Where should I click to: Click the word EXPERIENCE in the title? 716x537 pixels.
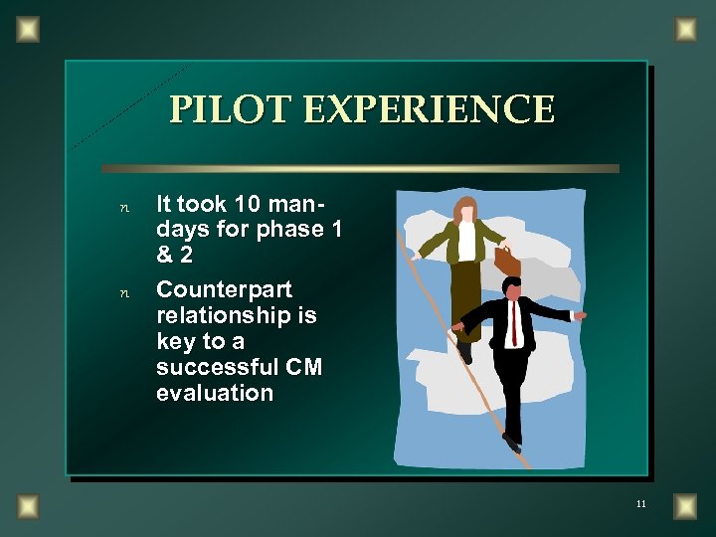pos(429,109)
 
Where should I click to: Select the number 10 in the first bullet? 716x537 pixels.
pos(248,204)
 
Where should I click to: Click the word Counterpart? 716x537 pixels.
pos(224,289)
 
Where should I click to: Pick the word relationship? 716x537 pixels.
pos(236,315)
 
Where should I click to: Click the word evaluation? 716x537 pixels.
pos(214,393)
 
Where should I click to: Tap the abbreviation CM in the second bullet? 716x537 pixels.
pos(303,367)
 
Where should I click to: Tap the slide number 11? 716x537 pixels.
pos(640,504)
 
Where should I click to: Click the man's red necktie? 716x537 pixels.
pos(514,322)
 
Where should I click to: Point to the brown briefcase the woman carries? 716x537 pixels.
pos(507,261)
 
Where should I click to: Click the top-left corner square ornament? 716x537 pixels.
pos(28,30)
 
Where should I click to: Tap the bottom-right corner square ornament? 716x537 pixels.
pos(685,506)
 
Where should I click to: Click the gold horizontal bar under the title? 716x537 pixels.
pos(360,168)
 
